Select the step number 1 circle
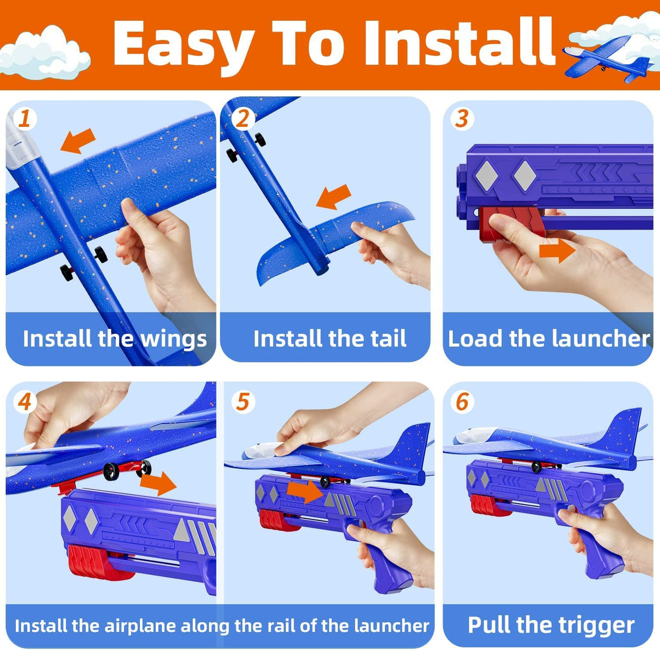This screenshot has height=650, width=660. [24, 118]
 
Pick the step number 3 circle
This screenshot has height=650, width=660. [462, 118]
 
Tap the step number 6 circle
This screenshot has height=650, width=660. [462, 403]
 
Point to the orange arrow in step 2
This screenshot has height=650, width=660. [333, 197]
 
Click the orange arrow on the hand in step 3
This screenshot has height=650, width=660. [556, 251]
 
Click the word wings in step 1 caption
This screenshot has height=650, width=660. [174, 339]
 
